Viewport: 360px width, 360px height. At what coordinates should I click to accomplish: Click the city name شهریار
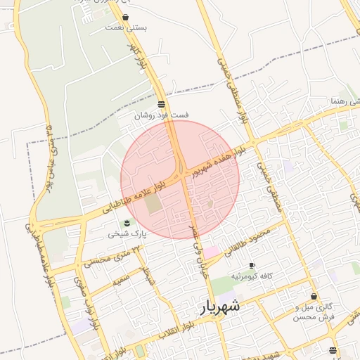pos(219,306)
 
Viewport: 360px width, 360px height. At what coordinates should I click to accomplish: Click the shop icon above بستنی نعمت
pos(125,17)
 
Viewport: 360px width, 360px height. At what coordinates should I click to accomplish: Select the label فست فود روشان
pos(161,114)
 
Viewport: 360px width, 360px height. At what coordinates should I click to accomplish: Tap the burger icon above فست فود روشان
pos(161,104)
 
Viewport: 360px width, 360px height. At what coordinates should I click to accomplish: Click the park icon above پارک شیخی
pos(127,223)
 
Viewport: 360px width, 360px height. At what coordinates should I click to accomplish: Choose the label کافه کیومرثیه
pos(252,275)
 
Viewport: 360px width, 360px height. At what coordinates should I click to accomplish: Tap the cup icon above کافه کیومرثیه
pos(252,265)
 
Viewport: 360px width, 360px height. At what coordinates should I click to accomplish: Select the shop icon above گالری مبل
pos(313,297)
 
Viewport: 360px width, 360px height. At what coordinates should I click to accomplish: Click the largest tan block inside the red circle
pos(153,205)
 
